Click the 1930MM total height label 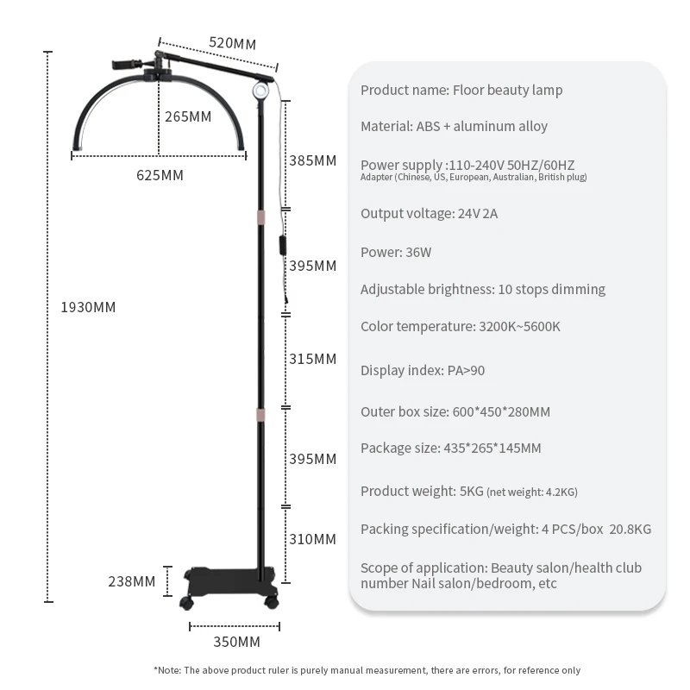88,307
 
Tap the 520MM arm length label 232,44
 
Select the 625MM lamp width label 160,175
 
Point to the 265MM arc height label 187,116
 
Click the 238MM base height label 132,581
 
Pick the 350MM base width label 236,642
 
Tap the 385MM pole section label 312,160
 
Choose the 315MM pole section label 312,359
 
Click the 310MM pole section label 312,539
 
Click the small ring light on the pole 260,91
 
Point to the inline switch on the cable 282,246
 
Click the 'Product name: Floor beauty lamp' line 461,90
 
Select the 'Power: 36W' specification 396,253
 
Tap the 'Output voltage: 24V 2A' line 429,214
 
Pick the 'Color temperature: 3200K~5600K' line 461,326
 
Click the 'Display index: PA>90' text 423,370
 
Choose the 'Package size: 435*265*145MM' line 451,448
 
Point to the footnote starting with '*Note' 367,670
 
